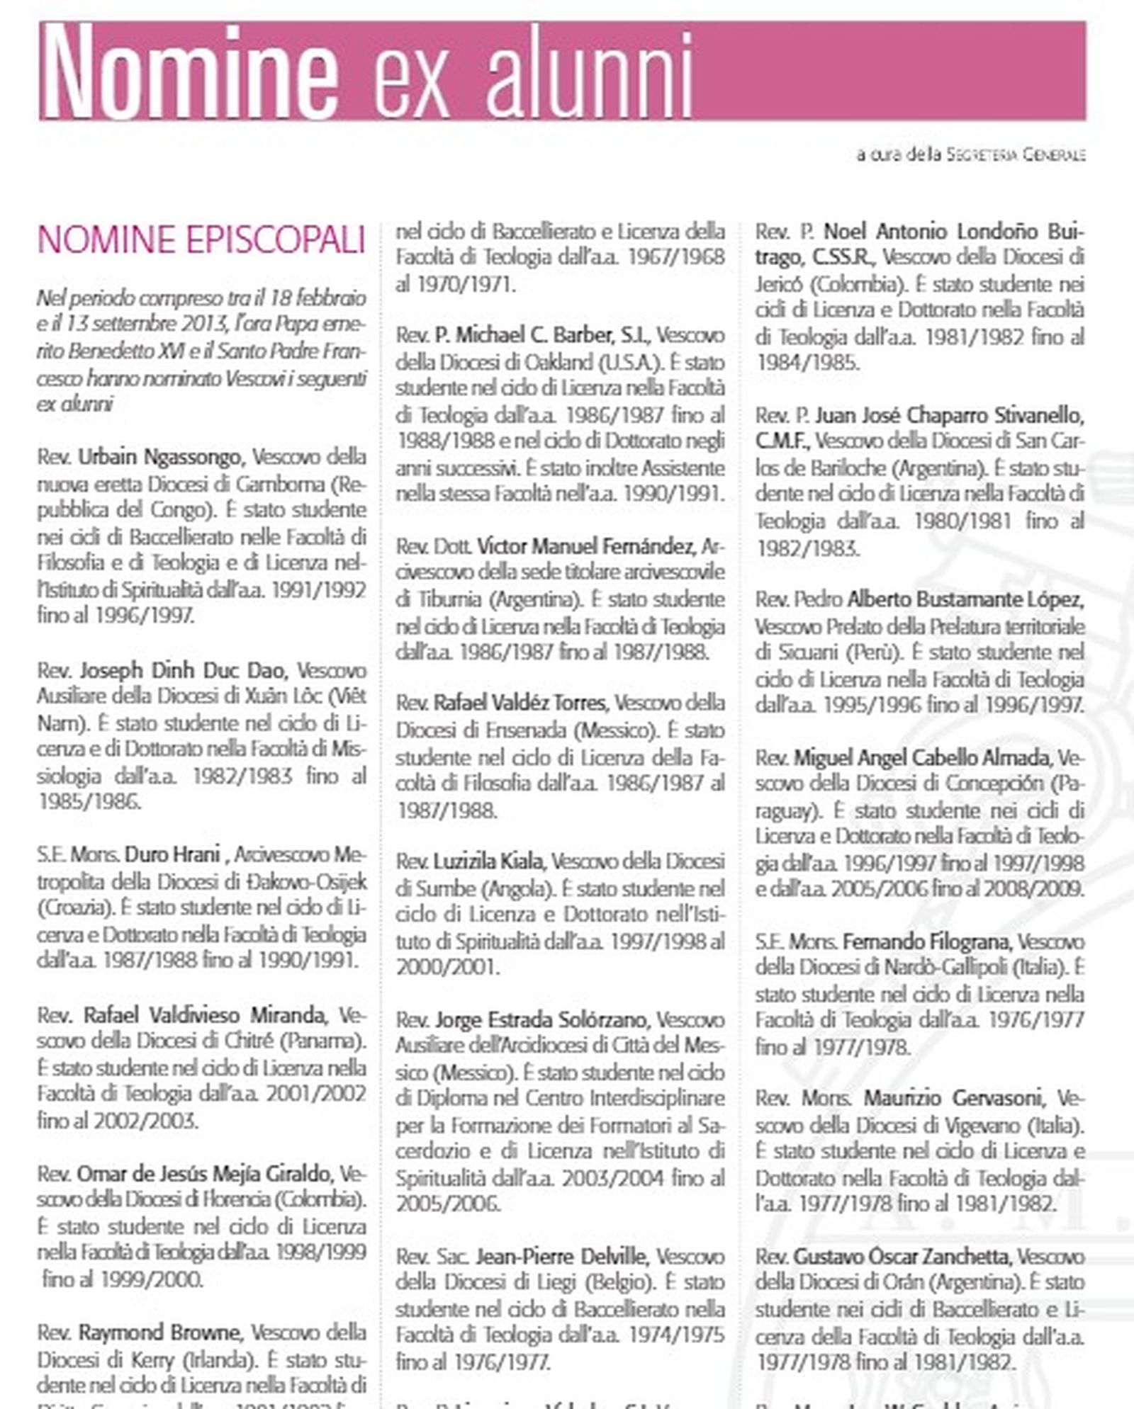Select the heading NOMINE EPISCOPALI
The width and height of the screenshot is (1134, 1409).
click(x=201, y=239)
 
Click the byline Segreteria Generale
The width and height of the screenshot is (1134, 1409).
click(x=1016, y=154)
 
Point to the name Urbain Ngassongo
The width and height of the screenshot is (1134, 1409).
click(x=159, y=457)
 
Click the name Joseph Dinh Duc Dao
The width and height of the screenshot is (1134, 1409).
click(x=183, y=669)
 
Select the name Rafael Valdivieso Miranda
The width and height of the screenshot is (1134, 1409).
click(x=206, y=1015)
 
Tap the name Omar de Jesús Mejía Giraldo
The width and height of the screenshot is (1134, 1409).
click(x=204, y=1174)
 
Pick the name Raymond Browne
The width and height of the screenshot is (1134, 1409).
click(x=160, y=1332)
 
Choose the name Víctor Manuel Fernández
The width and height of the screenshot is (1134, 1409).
click(x=586, y=546)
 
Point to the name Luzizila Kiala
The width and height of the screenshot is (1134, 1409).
click(x=488, y=861)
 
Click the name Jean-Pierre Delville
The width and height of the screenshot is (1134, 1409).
click(x=561, y=1256)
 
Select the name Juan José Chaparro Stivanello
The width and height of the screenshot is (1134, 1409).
click(x=949, y=414)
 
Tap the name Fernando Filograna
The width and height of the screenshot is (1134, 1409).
click(x=926, y=941)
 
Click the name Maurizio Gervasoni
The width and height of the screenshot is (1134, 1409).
click(x=953, y=1099)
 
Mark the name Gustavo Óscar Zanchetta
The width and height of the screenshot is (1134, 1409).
click(x=902, y=1256)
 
